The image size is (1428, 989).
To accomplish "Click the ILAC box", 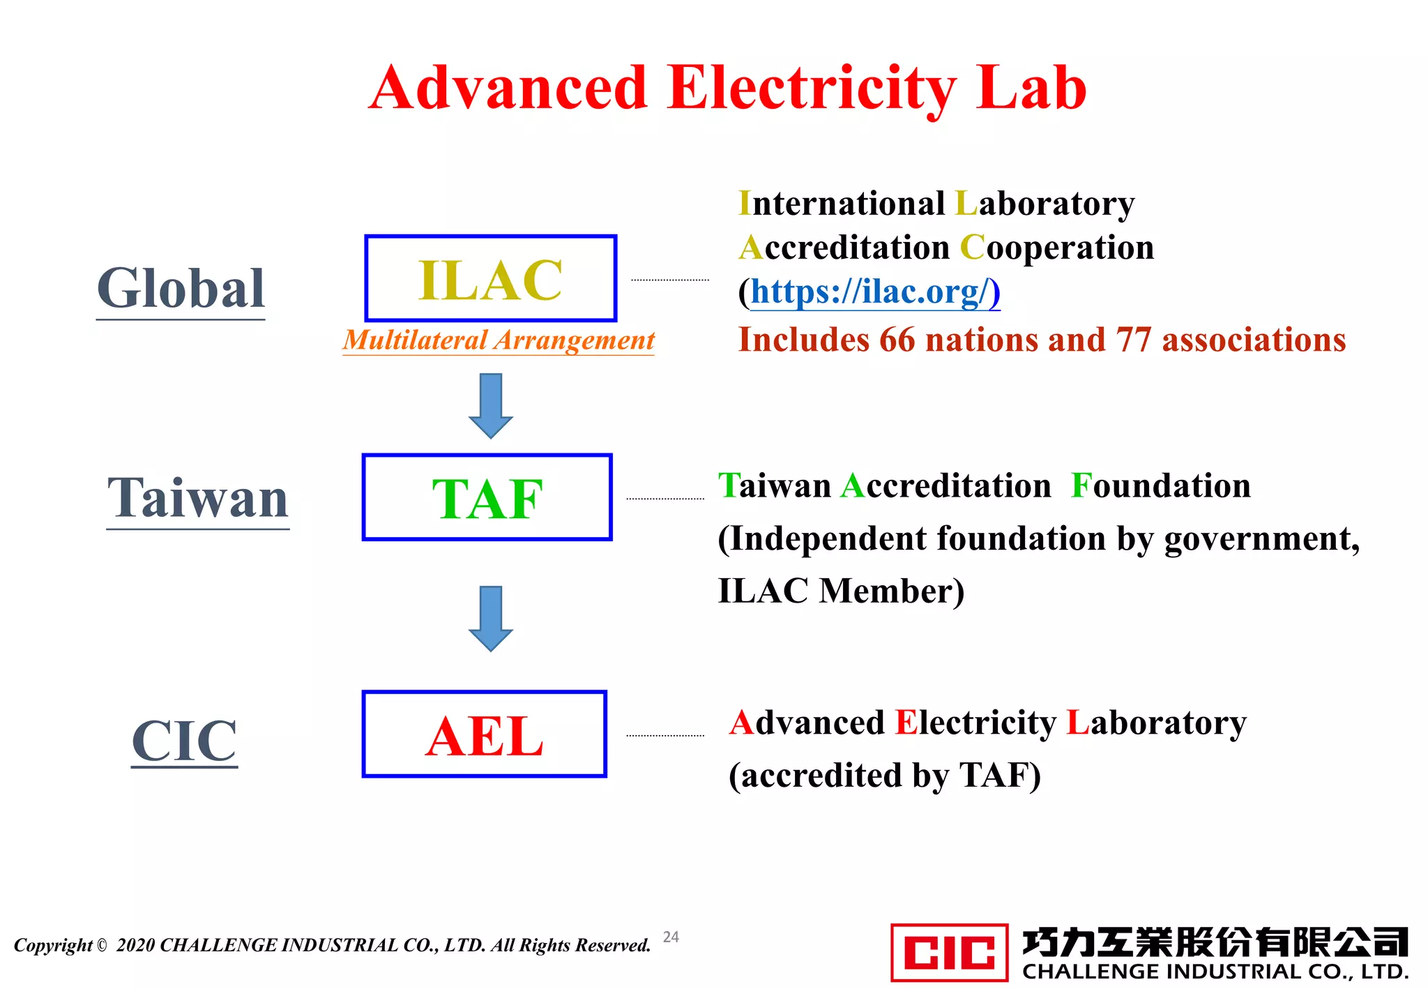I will click(491, 279).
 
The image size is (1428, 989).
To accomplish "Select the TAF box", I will click(487, 497).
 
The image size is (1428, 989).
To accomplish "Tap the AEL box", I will click(485, 734).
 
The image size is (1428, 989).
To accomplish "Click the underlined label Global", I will click(181, 289).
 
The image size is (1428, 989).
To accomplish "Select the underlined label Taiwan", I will click(198, 498).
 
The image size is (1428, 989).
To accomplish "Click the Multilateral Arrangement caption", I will click(499, 340).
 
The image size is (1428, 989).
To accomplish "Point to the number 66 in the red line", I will click(897, 340).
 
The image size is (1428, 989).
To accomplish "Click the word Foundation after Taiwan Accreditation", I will click(1161, 485).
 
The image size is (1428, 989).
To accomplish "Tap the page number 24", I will click(671, 937).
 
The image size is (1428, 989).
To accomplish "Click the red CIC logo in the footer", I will click(949, 952).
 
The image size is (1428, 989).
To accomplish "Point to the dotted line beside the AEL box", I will click(665, 735).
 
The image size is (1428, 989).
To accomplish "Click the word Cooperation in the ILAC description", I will click(1057, 248).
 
